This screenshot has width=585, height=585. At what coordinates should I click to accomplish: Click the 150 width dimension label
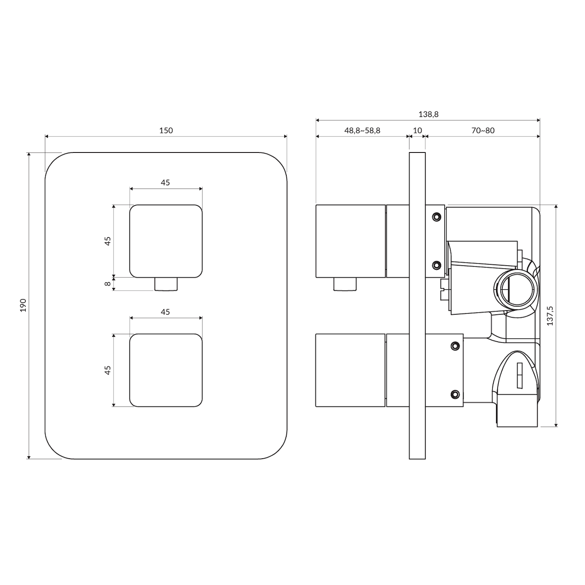point(166,130)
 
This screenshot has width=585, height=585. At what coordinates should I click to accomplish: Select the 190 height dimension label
point(23,305)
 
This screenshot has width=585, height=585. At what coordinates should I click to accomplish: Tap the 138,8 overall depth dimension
point(428,114)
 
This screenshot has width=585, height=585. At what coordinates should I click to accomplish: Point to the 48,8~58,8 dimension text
point(362,130)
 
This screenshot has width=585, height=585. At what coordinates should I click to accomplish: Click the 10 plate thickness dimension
point(417,130)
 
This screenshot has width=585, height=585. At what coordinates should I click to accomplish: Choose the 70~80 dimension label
point(483,130)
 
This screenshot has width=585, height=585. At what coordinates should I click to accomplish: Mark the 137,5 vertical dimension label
point(550,316)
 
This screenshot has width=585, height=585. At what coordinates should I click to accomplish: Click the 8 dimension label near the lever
point(108,284)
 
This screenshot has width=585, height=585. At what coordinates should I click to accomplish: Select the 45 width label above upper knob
point(165,182)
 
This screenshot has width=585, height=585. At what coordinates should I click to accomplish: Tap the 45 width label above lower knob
point(165,312)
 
